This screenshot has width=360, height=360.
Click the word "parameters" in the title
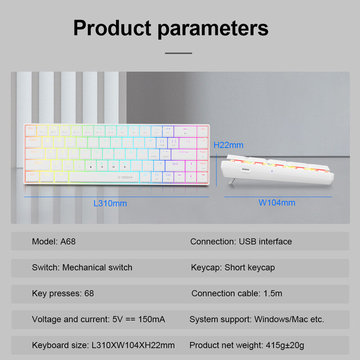(213, 28)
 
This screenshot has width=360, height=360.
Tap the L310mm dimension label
(110, 203)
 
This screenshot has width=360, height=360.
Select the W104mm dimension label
(277, 202)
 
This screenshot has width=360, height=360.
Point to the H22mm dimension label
(228, 145)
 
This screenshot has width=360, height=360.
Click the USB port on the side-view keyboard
(247, 170)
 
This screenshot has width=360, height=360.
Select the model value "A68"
(68, 242)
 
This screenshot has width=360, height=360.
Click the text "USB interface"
(265, 242)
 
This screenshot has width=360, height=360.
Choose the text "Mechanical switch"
(97, 268)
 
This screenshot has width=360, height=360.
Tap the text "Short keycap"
(250, 268)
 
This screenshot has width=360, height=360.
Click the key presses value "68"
(89, 293)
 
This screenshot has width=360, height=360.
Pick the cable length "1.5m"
(273, 293)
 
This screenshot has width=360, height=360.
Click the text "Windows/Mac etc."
(289, 319)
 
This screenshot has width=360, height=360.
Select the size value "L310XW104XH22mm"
(133, 346)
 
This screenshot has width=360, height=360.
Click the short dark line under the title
(179, 53)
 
